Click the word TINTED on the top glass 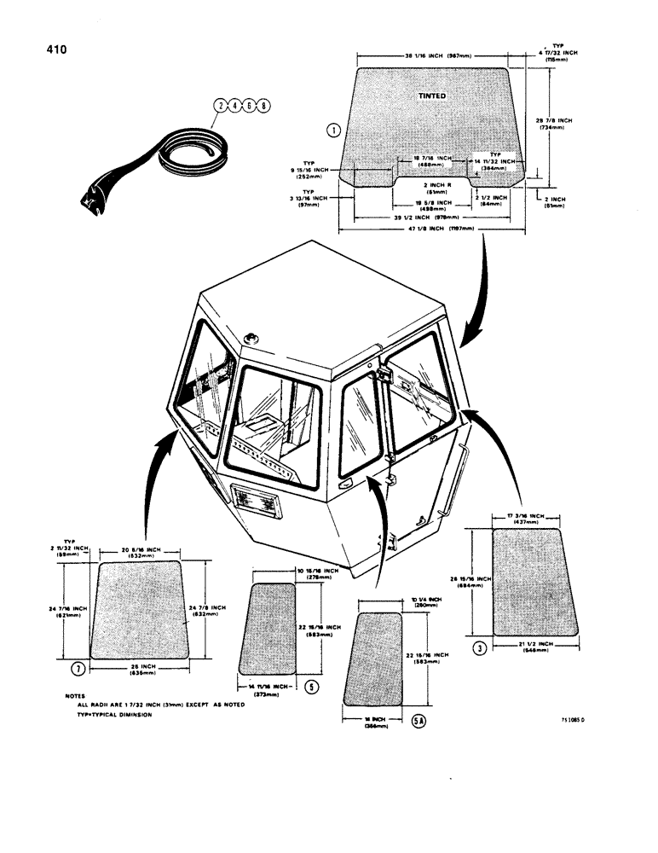click(431, 96)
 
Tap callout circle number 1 click(333, 131)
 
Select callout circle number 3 click(481, 649)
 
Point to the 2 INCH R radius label click(436, 184)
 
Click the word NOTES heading click(75, 696)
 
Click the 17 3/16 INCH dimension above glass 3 click(527, 518)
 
